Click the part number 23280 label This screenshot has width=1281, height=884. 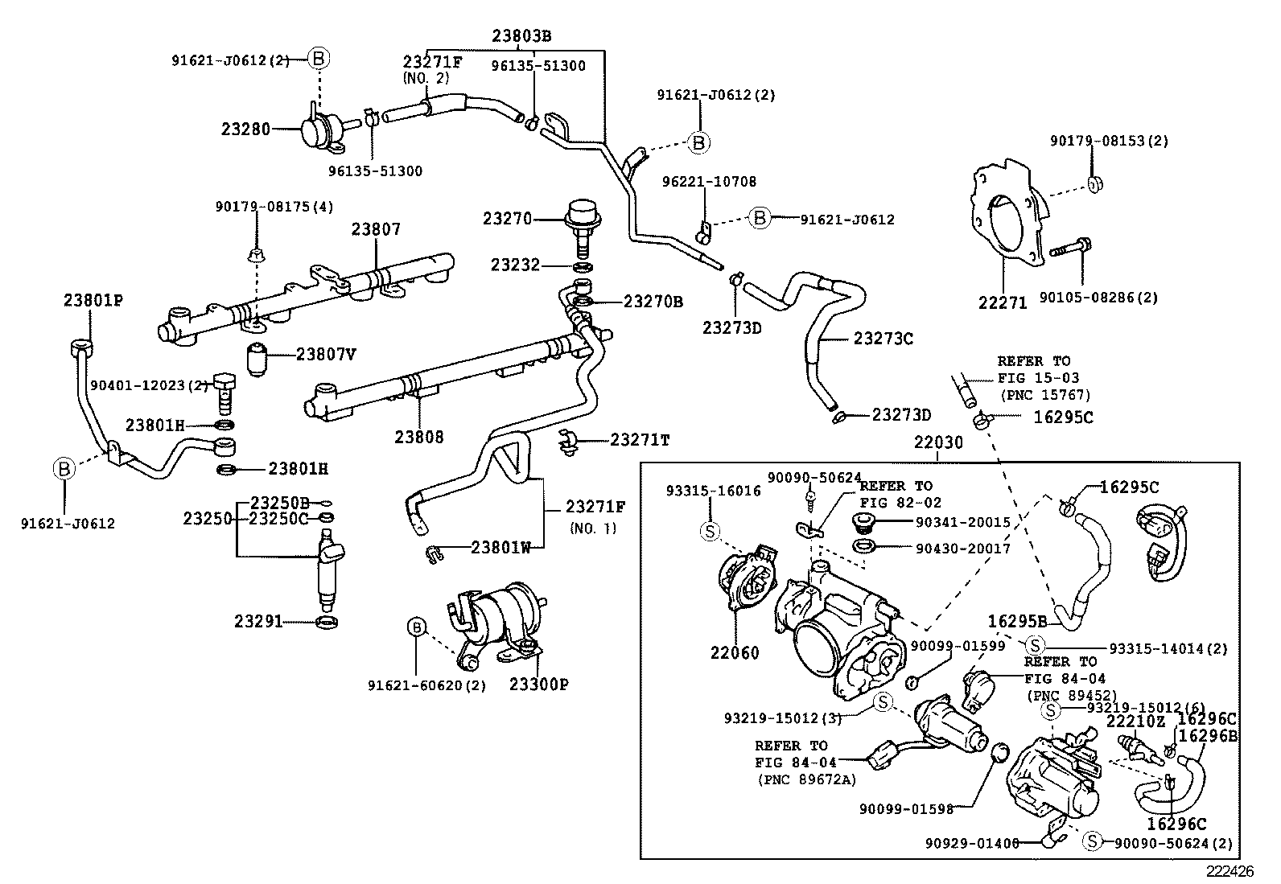pos(245,129)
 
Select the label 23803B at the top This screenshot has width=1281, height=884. pos(521,36)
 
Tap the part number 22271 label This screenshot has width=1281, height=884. pos(1003,302)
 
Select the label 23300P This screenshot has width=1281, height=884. pos(538,685)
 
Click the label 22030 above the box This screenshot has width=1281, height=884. pos(938,443)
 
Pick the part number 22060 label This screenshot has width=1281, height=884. pos(734,653)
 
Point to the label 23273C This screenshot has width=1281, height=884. pos(883,339)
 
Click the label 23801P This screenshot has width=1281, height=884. pos(93,300)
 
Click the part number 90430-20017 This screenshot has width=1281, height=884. pos(962,549)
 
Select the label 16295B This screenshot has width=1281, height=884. pos(1017,621)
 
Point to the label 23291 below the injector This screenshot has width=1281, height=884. pos(259,621)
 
